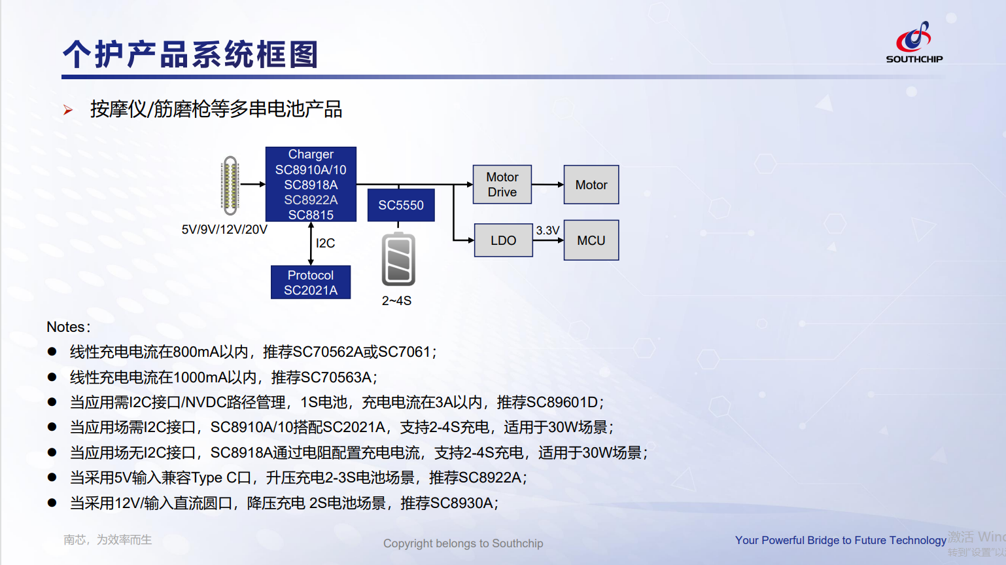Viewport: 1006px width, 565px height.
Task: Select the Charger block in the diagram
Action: pos(311,184)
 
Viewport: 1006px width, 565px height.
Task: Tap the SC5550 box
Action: pos(401,205)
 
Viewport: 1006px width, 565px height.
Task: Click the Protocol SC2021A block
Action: pos(311,282)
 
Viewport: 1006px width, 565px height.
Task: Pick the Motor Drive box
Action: pos(502,185)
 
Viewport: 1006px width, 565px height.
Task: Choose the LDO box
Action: pos(503,240)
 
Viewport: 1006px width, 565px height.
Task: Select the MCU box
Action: pos(591,240)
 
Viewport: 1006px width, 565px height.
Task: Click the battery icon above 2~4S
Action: pos(398,259)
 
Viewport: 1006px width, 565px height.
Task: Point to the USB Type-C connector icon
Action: pos(230,185)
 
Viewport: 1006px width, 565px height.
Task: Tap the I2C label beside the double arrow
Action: pos(325,243)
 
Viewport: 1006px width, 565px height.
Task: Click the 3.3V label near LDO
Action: pos(547,230)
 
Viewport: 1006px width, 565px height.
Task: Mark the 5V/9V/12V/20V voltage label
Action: pos(224,229)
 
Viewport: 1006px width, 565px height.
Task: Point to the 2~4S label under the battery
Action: pos(396,301)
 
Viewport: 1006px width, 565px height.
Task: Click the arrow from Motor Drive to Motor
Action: pos(547,185)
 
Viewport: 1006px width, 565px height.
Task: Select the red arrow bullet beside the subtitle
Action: pos(68,110)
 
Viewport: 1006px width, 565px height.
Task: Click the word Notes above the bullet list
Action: pos(66,327)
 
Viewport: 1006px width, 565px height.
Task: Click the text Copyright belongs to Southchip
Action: pos(463,543)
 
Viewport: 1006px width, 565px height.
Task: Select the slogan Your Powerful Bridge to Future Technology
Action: pos(841,540)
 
